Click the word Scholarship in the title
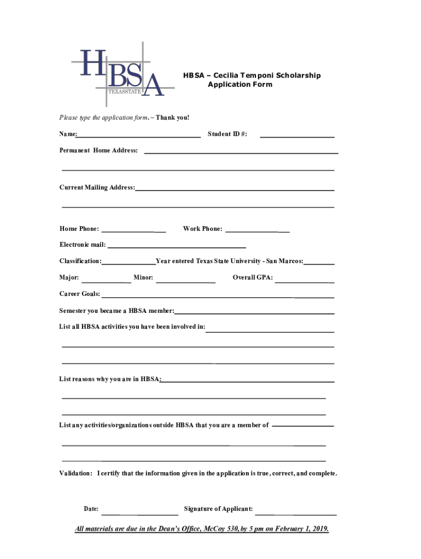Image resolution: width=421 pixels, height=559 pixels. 299,75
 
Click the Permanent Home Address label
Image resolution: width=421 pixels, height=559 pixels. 98,150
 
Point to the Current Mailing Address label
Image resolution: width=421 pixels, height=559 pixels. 97,187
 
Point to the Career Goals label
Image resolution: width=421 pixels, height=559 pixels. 79,294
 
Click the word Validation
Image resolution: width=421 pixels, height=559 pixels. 75,473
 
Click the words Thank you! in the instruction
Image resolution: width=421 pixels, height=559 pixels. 172,117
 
